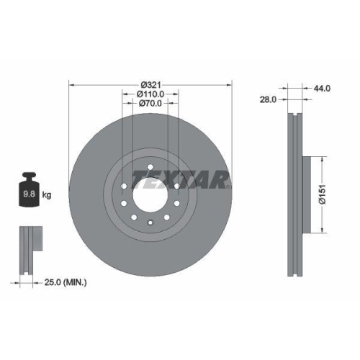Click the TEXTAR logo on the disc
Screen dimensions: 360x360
click(x=181, y=179)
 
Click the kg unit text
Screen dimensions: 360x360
click(x=47, y=194)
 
